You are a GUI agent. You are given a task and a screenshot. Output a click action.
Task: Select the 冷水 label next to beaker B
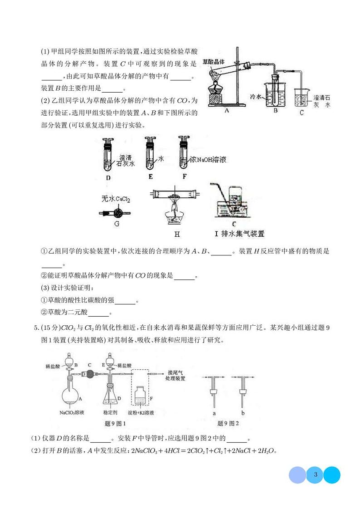258,97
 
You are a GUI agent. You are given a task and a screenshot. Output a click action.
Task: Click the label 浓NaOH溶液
208,160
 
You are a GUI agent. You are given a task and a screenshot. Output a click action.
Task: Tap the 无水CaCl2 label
116,199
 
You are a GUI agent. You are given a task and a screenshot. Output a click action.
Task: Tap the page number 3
315,475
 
